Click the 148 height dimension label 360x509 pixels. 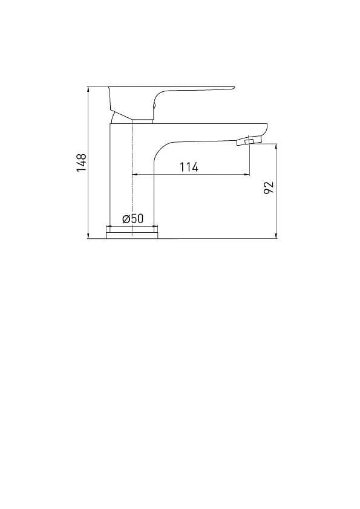pyautogui.click(x=81, y=163)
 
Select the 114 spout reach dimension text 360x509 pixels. pyautogui.click(x=189, y=167)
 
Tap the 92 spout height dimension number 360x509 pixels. pyautogui.click(x=269, y=187)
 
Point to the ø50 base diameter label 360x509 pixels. pyautogui.click(x=133, y=218)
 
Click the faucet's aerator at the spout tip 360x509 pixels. pyautogui.click(x=249, y=141)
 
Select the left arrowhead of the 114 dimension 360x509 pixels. pyautogui.click(x=134, y=175)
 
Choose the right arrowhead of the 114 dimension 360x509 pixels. pyautogui.click(x=247, y=175)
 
